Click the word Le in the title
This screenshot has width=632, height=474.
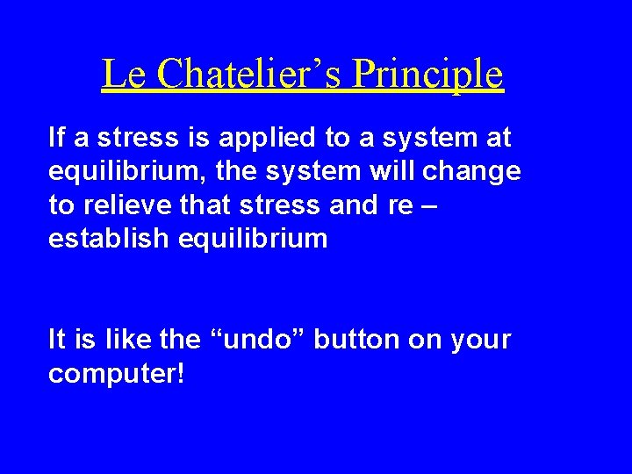click(118, 74)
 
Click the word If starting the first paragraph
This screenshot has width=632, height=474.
click(56, 138)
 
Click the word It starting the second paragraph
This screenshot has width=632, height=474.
click(56, 340)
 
